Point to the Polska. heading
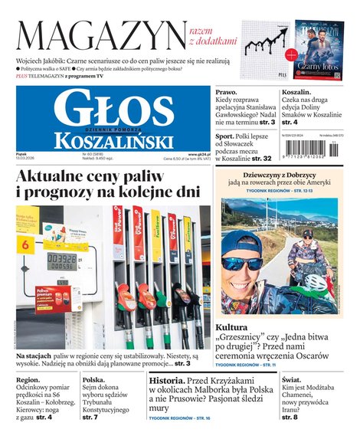94,380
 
